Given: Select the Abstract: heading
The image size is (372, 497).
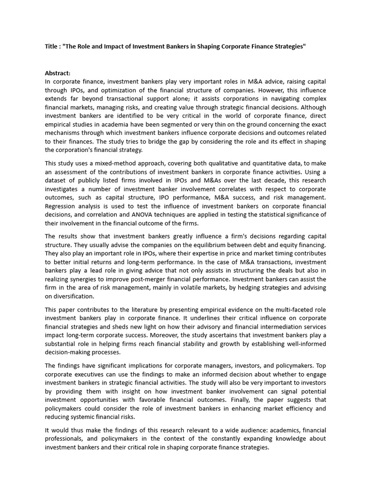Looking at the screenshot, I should coord(58,73).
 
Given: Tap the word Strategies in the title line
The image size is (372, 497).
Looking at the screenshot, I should coord(287,46).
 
